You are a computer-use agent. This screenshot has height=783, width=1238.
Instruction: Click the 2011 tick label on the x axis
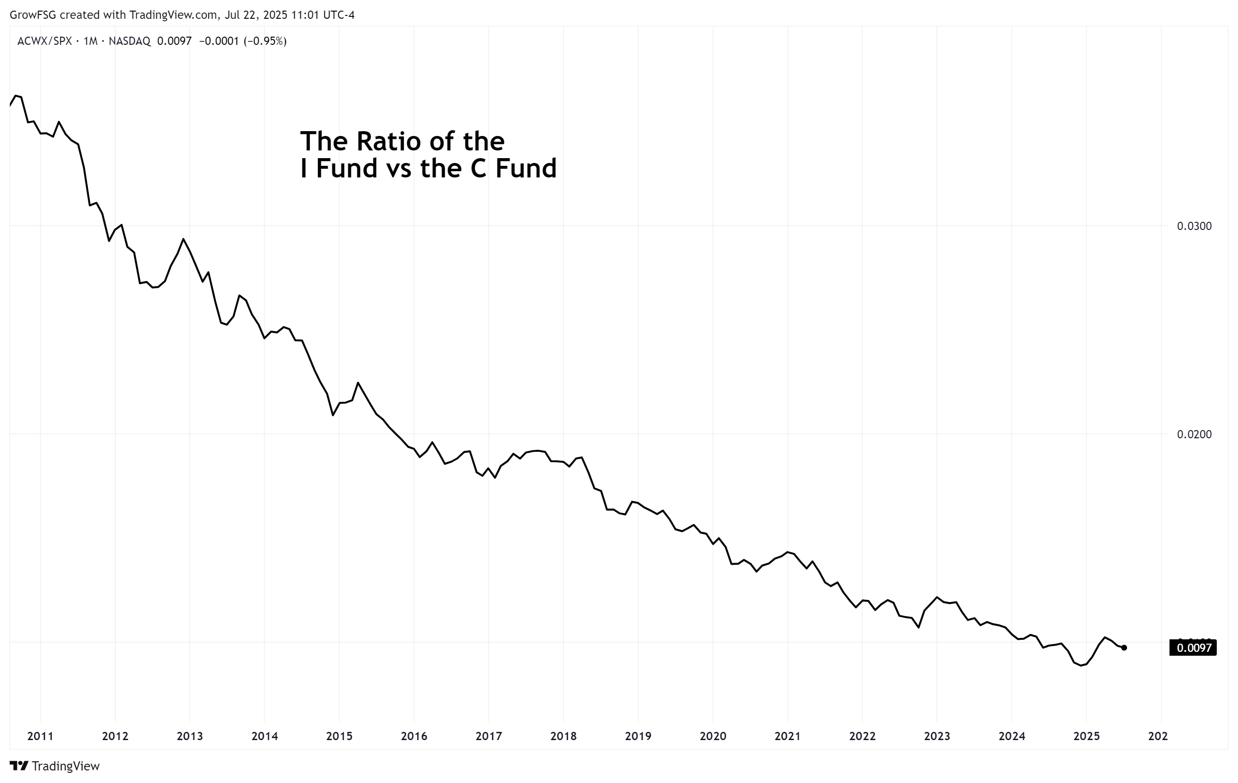point(40,736)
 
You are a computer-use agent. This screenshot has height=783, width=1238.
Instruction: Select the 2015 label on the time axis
point(339,736)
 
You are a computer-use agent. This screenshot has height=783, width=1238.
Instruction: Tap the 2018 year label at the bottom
point(564,736)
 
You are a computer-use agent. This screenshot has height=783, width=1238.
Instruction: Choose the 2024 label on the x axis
point(1012,736)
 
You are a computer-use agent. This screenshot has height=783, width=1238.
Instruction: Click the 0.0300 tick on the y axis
point(1193,226)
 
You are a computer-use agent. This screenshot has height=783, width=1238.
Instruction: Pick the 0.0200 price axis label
point(1193,435)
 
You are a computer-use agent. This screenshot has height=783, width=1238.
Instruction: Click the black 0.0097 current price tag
point(1193,648)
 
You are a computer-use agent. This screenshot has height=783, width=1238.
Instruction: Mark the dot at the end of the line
point(1124,648)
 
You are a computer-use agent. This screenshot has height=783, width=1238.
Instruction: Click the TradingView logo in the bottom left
point(55,766)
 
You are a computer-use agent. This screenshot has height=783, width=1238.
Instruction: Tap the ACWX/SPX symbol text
point(45,41)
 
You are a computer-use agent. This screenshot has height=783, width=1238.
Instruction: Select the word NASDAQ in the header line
point(130,41)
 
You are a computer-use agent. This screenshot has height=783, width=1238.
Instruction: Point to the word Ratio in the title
point(395,141)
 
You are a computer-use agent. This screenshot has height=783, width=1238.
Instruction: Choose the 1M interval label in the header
point(91,41)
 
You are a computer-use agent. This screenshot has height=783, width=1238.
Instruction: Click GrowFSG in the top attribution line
point(32,15)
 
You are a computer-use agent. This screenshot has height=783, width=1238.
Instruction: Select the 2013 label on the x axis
point(190,736)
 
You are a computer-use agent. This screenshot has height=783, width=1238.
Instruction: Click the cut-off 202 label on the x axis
point(1158,736)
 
